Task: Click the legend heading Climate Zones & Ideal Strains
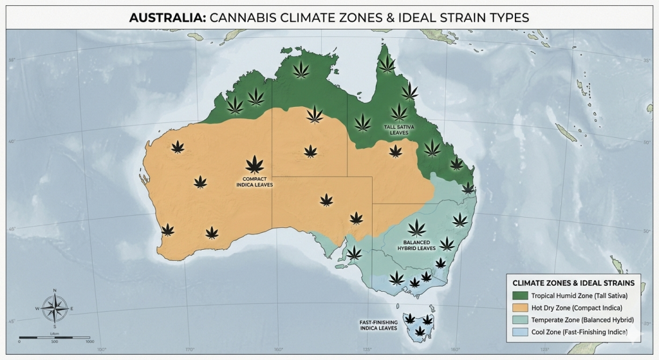573,283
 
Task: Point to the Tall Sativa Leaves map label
399,130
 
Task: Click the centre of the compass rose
55,309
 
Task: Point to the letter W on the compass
38,309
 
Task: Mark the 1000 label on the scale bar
89,342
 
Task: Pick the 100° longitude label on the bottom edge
102,350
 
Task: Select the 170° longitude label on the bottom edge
190,350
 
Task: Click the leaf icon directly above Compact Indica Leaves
255,164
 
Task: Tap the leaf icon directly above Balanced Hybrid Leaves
416,227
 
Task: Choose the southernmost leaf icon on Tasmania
420,332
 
